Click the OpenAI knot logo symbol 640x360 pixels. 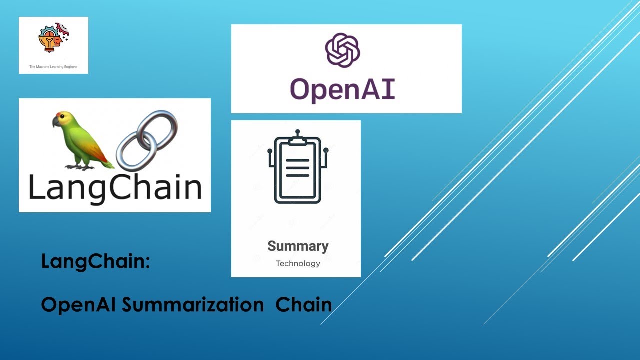[343, 50]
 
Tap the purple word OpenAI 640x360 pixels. [343, 90]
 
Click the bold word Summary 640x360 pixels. [298, 246]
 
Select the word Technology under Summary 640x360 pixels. [298, 263]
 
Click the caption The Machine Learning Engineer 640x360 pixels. [53, 66]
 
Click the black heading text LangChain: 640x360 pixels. [95, 261]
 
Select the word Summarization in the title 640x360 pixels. [193, 304]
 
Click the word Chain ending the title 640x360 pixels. [304, 304]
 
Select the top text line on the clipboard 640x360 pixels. [298, 161]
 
